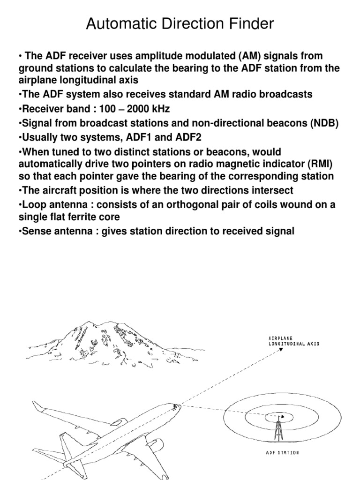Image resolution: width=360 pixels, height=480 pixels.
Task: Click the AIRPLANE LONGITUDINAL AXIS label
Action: point(293,341)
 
